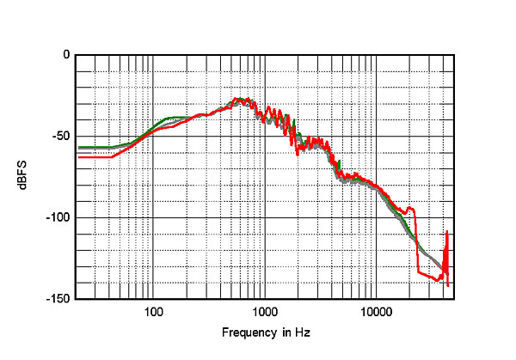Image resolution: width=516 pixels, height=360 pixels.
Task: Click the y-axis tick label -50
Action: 60,137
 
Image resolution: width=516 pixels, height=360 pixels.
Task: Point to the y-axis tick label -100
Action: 58,218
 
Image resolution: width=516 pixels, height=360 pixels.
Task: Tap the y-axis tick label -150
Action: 58,299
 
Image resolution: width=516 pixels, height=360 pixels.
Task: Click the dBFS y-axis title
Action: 34,177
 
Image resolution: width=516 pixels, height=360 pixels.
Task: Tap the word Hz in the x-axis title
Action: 302,332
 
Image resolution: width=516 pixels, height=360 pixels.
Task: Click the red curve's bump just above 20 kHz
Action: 411,208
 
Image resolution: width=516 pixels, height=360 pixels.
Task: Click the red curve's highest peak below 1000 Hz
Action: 238,99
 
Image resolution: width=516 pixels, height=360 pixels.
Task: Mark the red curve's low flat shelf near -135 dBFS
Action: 430,275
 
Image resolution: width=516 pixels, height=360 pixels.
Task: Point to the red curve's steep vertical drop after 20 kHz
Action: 417,241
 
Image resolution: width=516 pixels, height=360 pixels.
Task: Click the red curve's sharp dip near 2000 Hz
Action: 297,153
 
